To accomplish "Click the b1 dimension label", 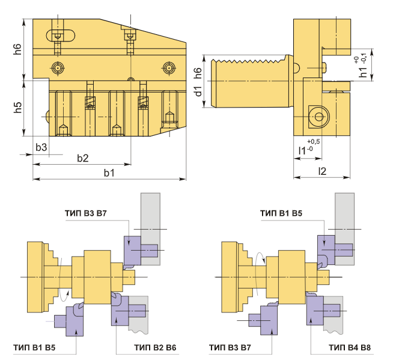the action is pyautogui.click(x=109, y=172).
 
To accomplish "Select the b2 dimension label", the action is pyautogui.click(x=83, y=158).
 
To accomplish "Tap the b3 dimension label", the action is pyautogui.click(x=41, y=147).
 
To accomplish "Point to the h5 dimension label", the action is pyautogui.click(x=17, y=108).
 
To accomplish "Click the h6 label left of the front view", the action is pyautogui.click(x=17, y=49).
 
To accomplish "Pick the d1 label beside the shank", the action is pyautogui.click(x=198, y=91).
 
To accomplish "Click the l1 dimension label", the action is pyautogui.click(x=302, y=150).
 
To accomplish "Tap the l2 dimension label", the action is pyautogui.click(x=322, y=171).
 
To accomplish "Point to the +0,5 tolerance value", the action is pyautogui.click(x=313, y=141).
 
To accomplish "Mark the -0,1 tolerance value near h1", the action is pyautogui.click(x=364, y=58).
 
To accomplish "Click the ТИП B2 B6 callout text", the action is pyautogui.click(x=155, y=347).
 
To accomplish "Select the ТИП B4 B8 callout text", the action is pyautogui.click(x=350, y=347).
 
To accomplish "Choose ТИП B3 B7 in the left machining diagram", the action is pyautogui.click(x=85, y=213).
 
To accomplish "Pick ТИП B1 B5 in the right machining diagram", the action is pyautogui.click(x=281, y=213).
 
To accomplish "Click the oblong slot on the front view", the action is pyautogui.click(x=61, y=35).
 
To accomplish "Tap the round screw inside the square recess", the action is pyautogui.click(x=319, y=117).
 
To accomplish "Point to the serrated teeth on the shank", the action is pyautogui.click(x=250, y=61).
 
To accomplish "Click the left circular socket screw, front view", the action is pyautogui.click(x=58, y=68).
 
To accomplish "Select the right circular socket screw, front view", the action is pyautogui.click(x=169, y=68).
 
